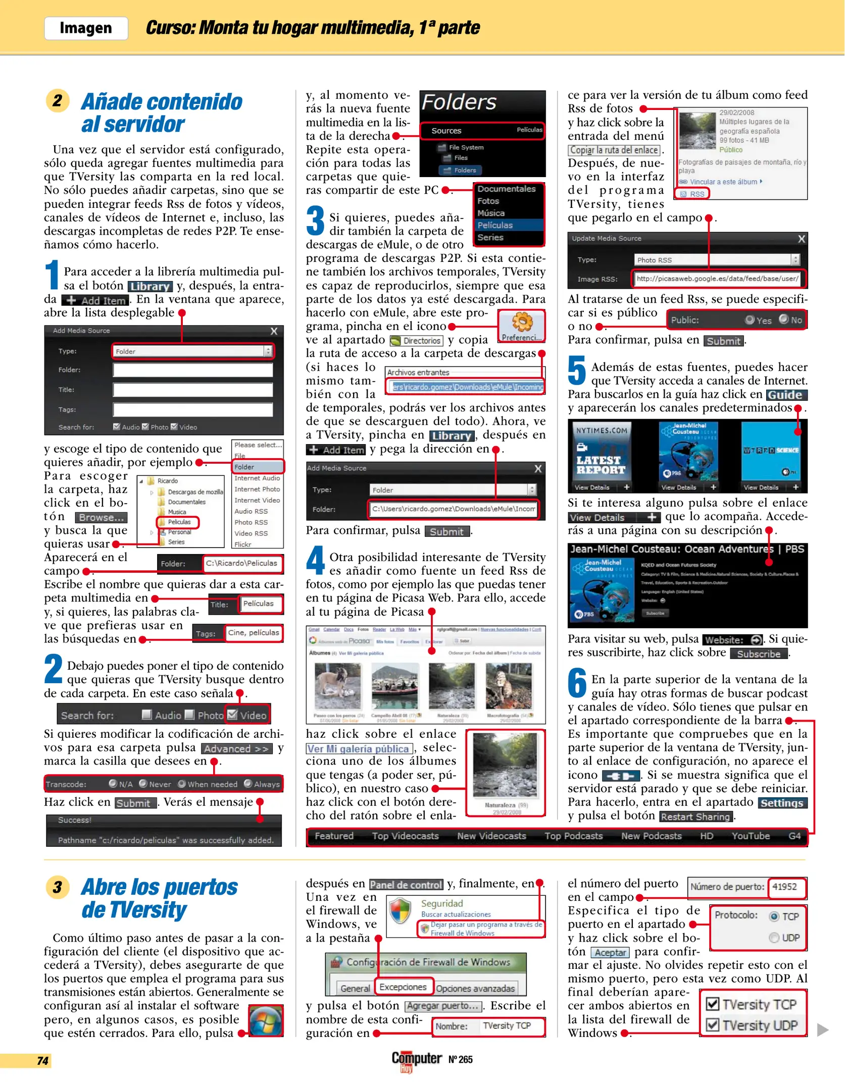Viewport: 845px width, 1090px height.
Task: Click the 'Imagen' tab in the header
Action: pyautogui.click(x=86, y=28)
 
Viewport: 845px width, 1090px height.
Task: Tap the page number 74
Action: pyautogui.click(x=43, y=1060)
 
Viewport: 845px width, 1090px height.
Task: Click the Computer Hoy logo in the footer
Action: pyautogui.click(x=417, y=1060)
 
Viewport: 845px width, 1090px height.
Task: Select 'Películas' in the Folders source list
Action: pyautogui.click(x=495, y=225)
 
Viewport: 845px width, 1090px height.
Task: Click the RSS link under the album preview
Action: pyautogui.click(x=692, y=194)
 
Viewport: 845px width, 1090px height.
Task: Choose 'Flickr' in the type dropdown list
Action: pyautogui.click(x=243, y=544)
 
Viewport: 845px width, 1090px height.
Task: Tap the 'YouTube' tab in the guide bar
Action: pyautogui.click(x=751, y=836)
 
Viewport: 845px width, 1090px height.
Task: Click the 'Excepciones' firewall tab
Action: pyautogui.click(x=403, y=987)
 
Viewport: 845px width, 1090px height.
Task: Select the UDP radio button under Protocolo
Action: pyautogui.click(x=774, y=938)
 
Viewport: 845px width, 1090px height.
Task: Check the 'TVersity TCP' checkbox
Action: pyautogui.click(x=713, y=1004)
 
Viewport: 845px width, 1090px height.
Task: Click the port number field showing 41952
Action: pyautogui.click(x=786, y=887)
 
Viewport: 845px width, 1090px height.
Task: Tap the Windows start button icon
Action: pyautogui.click(x=266, y=1020)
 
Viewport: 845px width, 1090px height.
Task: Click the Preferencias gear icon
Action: pyautogui.click(x=522, y=322)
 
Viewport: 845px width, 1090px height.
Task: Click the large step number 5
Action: pyautogui.click(x=577, y=371)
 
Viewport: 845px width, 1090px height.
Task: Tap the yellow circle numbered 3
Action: pyautogui.click(x=58, y=887)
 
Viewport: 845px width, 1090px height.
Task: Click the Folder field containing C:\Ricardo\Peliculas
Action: pyautogui.click(x=242, y=563)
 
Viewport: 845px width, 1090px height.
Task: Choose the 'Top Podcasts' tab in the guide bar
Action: pyautogui.click(x=573, y=836)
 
